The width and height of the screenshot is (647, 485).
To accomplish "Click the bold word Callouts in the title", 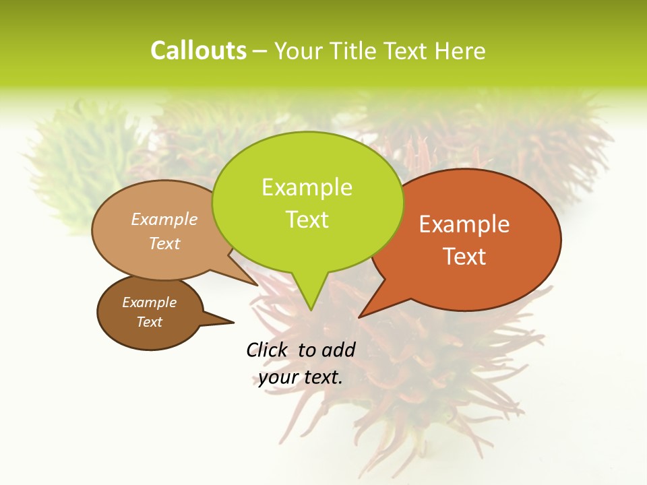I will (x=198, y=51).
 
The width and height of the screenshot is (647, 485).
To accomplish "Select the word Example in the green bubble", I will (x=307, y=187).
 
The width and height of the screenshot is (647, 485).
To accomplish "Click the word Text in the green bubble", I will (x=307, y=220).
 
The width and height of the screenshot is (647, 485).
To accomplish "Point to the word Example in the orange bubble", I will (x=464, y=224).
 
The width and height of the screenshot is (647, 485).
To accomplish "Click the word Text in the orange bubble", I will (x=465, y=257).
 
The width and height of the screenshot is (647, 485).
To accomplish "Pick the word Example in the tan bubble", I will (x=164, y=219).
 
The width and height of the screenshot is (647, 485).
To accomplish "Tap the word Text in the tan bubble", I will (x=164, y=243).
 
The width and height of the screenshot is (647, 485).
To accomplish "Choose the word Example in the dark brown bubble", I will (x=149, y=302).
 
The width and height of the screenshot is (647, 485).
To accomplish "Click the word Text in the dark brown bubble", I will (x=150, y=322).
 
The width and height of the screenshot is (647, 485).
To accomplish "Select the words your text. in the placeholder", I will (x=301, y=377).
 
